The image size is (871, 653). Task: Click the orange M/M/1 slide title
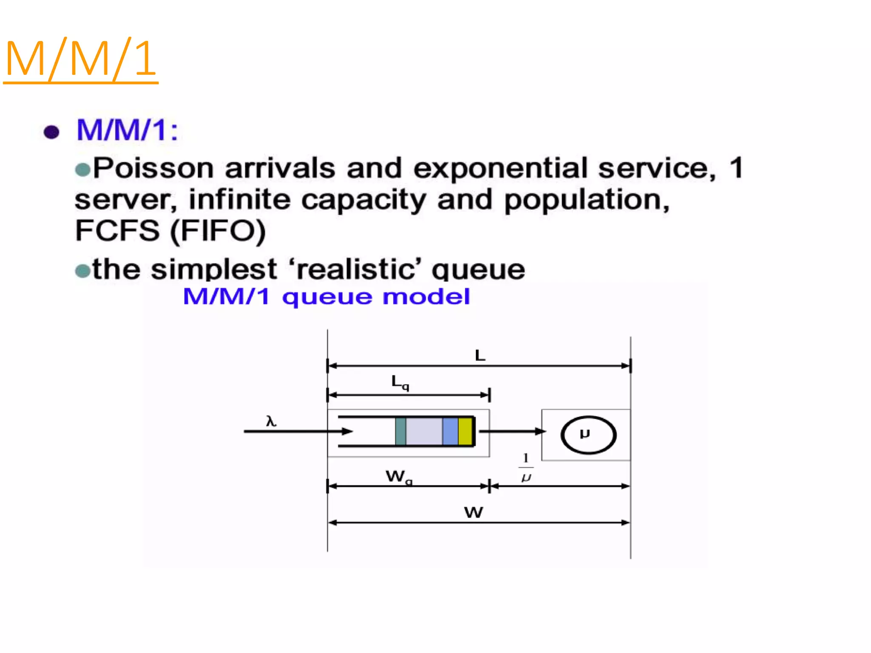click(x=81, y=59)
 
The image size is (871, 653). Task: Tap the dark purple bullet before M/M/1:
click(x=51, y=132)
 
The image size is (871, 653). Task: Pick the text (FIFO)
click(x=218, y=231)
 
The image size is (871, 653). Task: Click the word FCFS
click(x=117, y=231)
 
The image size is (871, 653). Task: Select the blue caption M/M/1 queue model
click(x=326, y=296)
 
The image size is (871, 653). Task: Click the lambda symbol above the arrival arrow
click(x=271, y=421)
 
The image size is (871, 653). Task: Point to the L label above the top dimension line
click(x=480, y=355)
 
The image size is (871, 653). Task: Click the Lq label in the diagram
click(x=400, y=382)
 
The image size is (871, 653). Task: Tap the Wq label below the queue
click(x=398, y=477)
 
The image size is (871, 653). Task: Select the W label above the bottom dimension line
click(x=473, y=512)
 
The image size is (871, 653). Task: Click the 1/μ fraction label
click(x=526, y=468)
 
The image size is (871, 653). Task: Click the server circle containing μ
click(x=588, y=434)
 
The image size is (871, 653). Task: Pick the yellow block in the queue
click(x=465, y=432)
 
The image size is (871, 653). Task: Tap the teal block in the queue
click(x=400, y=432)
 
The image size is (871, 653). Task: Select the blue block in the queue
click(x=450, y=432)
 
